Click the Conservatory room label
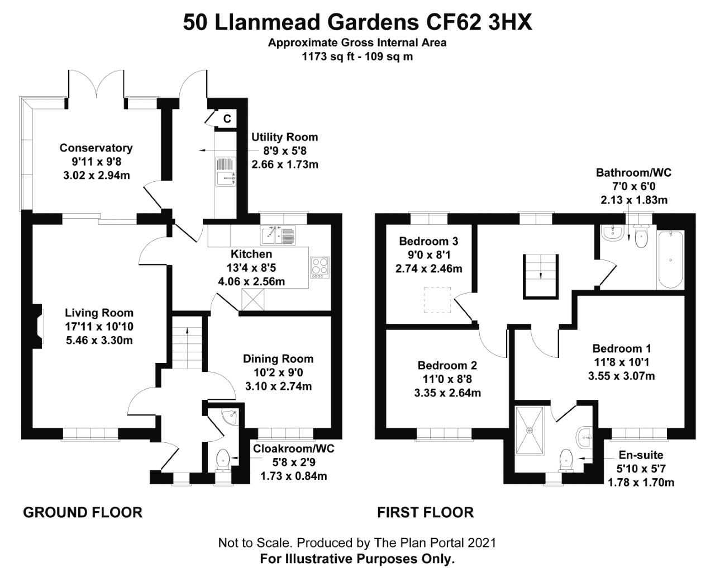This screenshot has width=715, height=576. (96, 148)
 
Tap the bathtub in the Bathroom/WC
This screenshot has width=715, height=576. (670, 259)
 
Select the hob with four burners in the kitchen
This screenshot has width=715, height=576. (320, 267)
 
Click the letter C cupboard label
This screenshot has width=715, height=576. (227, 119)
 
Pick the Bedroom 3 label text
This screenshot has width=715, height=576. (428, 241)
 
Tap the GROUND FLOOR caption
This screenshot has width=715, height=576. (83, 512)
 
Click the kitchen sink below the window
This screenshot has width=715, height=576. (278, 235)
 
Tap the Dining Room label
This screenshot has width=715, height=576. (278, 358)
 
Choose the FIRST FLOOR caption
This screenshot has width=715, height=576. (425, 512)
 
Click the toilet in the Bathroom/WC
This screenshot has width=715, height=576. (641, 237)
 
